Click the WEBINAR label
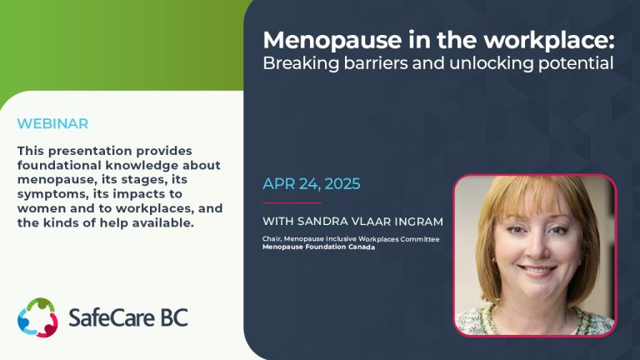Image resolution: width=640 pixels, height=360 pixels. click(x=52, y=123)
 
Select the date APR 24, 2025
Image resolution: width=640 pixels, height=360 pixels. click(x=312, y=183)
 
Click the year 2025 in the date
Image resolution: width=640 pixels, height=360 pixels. click(x=342, y=183)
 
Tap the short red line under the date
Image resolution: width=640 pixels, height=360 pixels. click(x=292, y=202)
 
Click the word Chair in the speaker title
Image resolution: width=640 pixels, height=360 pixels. click(x=272, y=239)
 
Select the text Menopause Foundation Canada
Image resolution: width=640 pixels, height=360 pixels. click(x=318, y=247)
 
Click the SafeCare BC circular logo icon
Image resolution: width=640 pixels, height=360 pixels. click(x=37, y=317)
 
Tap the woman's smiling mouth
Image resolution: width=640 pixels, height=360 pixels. click(x=537, y=270)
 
